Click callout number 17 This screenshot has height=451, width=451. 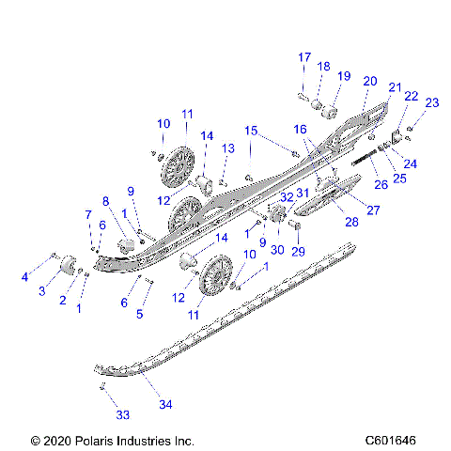303,57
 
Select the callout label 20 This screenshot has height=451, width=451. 369,81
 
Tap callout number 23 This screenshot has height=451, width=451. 431,102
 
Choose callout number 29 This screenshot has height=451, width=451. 299,252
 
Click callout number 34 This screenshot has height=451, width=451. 165,405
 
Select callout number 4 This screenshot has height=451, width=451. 24,276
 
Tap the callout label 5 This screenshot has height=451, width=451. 139,314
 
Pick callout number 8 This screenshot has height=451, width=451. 106,200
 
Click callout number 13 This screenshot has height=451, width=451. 228,148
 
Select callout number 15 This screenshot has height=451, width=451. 251,130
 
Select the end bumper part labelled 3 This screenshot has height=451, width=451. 69,270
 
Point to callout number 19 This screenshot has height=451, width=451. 344,75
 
